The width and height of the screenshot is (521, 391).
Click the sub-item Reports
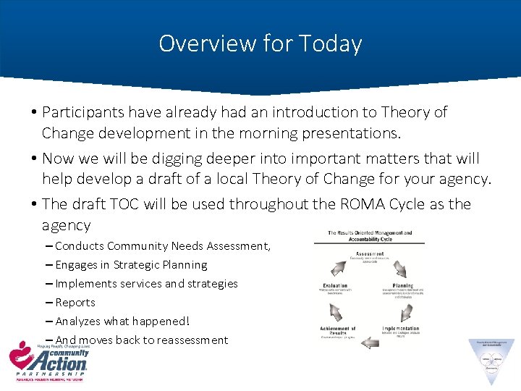pos(75,303)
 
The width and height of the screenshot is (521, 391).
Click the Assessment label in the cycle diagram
pos(370,254)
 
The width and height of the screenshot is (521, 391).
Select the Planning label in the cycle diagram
pos(402,286)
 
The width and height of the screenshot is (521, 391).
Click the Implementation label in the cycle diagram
pos(400,329)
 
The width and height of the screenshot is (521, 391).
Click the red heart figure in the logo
pos(18,356)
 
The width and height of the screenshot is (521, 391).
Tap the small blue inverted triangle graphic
pos(491,361)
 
